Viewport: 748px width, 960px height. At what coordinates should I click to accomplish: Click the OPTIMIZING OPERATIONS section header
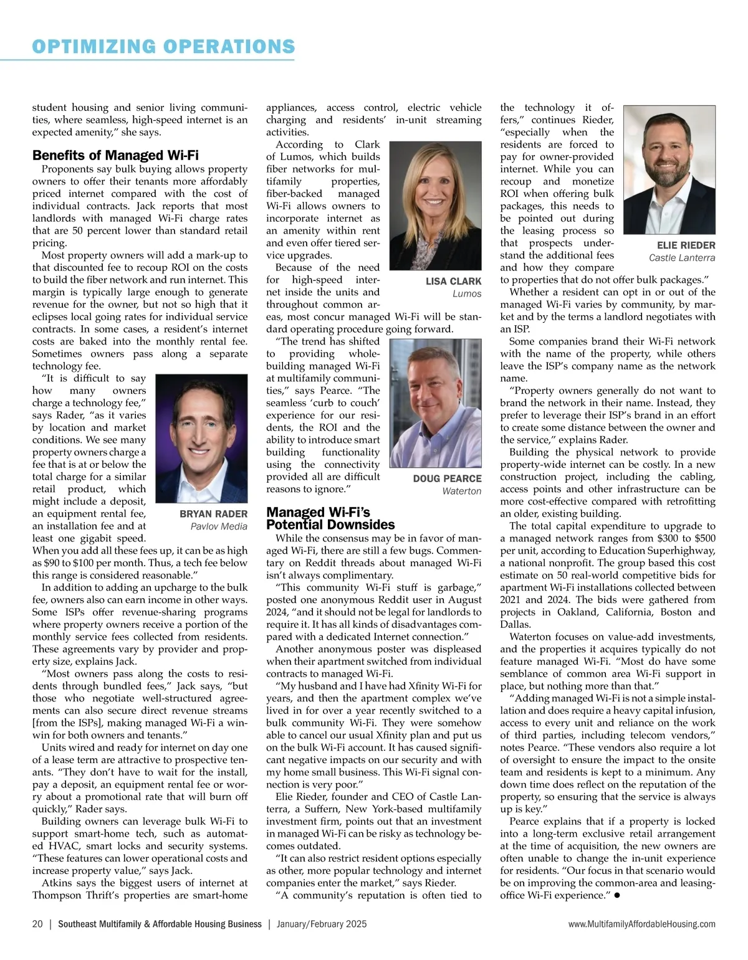pos(163,47)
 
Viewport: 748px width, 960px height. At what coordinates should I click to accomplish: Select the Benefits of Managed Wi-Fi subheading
pos(115,155)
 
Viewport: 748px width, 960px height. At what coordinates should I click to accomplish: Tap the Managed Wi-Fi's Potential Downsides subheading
pos(330,518)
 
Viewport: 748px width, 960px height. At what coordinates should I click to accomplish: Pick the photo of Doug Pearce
pos(435,403)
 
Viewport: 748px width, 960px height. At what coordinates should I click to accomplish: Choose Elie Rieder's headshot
pos(669,169)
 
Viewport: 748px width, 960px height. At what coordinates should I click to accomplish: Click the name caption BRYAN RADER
pos(213,514)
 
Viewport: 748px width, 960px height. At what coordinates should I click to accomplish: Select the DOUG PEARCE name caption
pos(447,478)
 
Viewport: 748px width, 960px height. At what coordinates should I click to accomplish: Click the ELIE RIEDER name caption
pos(686,245)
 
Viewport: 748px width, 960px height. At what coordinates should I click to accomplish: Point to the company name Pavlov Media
pos(219,526)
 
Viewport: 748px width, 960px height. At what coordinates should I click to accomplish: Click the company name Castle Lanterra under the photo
pos(682,258)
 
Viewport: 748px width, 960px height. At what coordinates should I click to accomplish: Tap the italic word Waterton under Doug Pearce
pos(461,491)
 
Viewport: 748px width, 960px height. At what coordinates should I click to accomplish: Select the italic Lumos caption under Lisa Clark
pos(467,294)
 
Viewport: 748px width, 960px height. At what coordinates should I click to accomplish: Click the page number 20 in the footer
pos(37,924)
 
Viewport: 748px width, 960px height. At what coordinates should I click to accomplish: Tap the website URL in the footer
pos(641,924)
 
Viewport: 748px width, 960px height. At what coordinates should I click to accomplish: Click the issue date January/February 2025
pos(322,924)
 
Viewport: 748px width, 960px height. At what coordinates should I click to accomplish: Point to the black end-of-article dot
pos(616,895)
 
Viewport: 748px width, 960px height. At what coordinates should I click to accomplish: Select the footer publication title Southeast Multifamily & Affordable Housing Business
pos(160,924)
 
